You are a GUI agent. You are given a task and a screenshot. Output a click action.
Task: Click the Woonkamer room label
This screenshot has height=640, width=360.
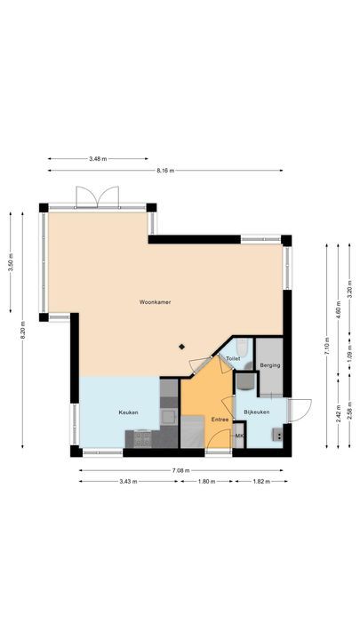(x=155, y=303)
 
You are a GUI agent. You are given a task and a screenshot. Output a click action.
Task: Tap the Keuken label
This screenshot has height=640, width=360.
(x=129, y=412)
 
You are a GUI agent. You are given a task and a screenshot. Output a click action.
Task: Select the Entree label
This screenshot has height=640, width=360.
(x=220, y=419)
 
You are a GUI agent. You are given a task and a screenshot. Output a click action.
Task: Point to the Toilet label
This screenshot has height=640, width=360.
(x=233, y=358)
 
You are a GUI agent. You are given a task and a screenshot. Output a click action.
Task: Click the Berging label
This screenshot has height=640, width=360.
(x=270, y=364)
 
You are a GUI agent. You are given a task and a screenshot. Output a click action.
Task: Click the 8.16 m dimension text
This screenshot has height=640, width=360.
(x=165, y=170)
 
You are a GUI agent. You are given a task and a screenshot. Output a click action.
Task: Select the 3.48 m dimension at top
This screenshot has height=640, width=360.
(x=98, y=158)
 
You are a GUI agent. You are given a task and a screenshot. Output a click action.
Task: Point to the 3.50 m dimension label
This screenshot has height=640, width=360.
(x=12, y=265)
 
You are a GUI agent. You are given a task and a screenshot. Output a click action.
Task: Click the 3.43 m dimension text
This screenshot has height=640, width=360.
(x=129, y=482)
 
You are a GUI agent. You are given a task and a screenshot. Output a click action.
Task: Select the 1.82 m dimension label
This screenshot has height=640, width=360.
(x=260, y=482)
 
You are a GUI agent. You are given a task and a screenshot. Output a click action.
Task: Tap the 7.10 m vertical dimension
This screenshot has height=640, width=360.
(x=326, y=341)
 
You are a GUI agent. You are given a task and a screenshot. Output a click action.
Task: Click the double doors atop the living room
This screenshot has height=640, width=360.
(x=97, y=196)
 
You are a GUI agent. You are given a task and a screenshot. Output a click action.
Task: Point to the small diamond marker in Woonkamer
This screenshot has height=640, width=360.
(x=182, y=347)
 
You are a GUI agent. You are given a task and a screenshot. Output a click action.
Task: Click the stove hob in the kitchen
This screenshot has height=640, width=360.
(x=141, y=437)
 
